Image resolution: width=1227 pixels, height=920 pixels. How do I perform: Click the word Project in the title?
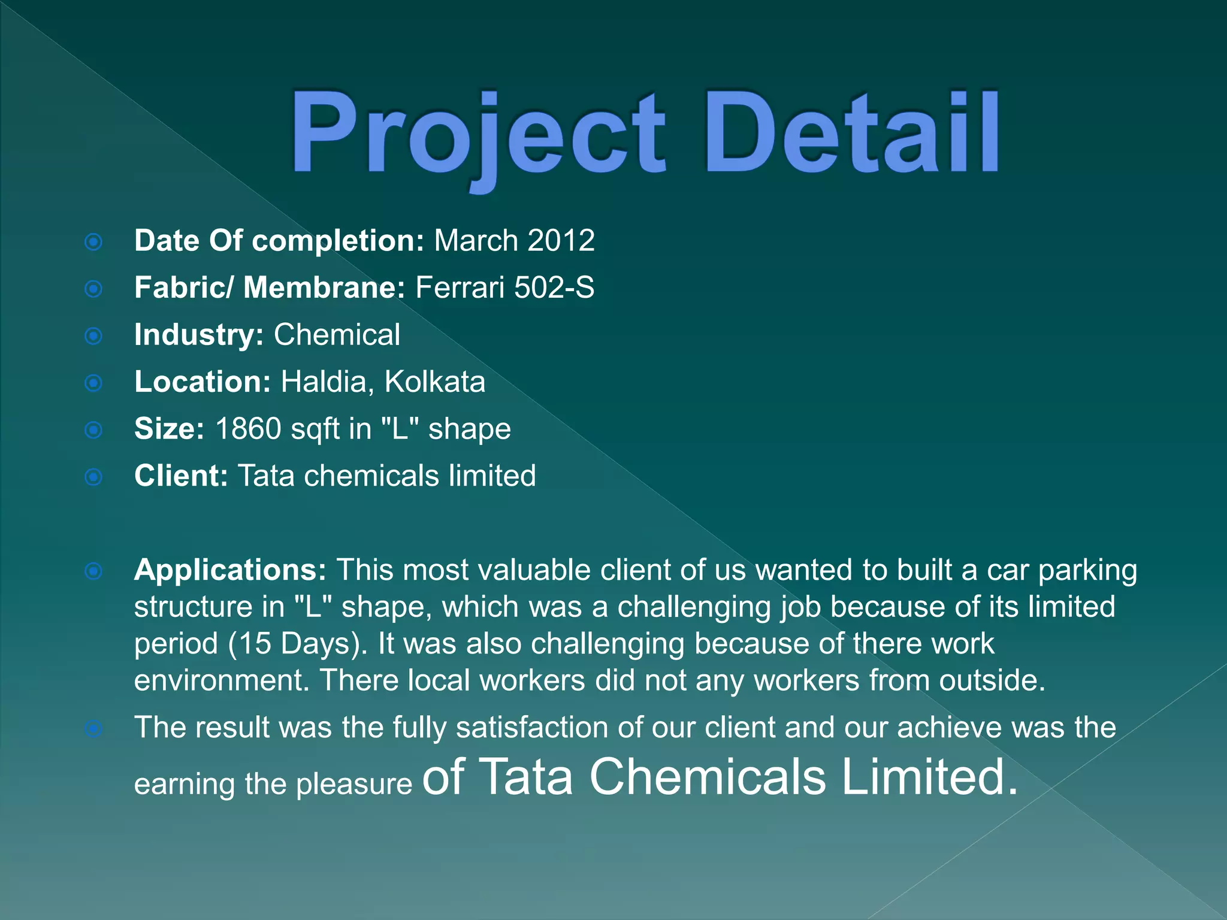point(478,135)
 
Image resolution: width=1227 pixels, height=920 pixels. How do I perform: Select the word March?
point(476,241)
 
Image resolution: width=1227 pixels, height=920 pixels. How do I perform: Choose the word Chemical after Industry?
point(337,335)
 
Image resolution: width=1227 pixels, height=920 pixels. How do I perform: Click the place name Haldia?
point(324,382)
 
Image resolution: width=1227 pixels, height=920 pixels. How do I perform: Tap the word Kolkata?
point(434,382)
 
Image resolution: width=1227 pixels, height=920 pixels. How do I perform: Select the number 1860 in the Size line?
point(248,429)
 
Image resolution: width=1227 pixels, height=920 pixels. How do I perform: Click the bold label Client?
point(181,476)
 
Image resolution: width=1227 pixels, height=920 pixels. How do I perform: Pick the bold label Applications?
point(230,570)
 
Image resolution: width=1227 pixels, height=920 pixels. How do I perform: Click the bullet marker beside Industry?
point(93,336)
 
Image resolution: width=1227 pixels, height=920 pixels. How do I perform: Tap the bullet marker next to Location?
point(93,383)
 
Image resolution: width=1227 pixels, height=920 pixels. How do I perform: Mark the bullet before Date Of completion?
point(93,242)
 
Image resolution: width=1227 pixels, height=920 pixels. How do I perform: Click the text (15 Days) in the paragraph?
point(298,644)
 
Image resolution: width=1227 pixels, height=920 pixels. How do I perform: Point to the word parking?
point(1087,571)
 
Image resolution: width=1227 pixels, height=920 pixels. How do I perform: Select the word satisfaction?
point(531,728)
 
